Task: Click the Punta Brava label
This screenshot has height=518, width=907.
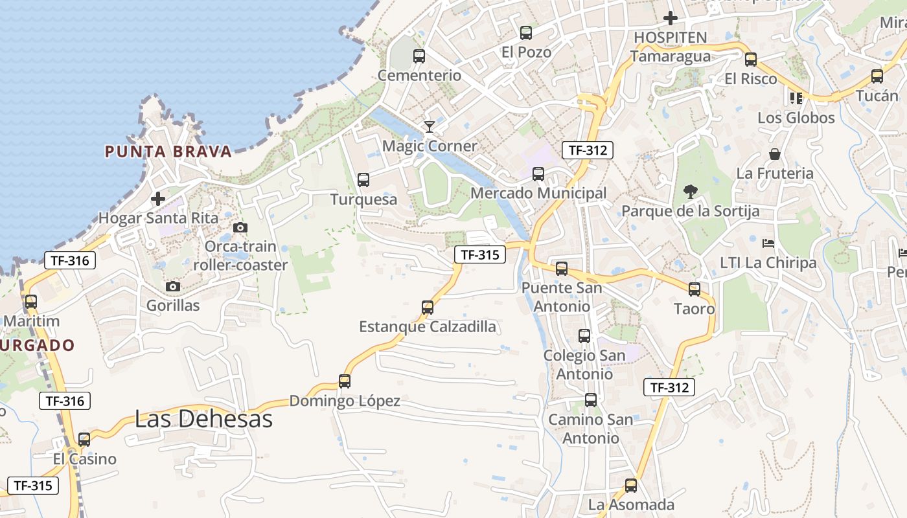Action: pos(168,152)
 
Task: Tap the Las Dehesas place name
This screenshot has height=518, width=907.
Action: pos(203,419)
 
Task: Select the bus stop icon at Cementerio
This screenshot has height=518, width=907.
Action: pos(419,56)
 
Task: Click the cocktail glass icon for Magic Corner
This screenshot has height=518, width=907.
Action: pos(429,126)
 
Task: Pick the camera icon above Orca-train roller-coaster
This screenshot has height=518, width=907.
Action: pos(240,227)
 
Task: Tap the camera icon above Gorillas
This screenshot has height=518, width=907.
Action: pos(173,286)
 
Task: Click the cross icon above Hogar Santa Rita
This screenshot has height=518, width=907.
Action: pos(158,199)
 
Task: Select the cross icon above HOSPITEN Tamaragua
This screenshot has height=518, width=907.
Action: pos(671,18)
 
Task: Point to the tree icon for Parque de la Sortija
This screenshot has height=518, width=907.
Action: pos(691,192)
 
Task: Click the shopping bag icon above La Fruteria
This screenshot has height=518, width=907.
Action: pos(775,154)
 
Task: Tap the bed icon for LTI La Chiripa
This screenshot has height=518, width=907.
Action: pos(768,243)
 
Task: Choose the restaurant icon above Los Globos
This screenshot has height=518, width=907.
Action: pos(796,98)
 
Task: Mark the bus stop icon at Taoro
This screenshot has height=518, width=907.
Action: pos(695,289)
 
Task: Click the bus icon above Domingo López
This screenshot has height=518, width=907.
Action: pos(345,381)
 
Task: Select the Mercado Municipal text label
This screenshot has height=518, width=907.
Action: pos(538,193)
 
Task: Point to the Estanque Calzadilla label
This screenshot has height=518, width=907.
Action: pos(428,326)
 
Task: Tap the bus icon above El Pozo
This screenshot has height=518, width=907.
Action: pos(526,33)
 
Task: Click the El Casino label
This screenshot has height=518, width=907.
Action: pos(85,459)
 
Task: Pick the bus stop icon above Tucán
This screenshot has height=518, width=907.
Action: pos(877,76)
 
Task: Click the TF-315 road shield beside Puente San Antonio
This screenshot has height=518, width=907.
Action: pos(480,254)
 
